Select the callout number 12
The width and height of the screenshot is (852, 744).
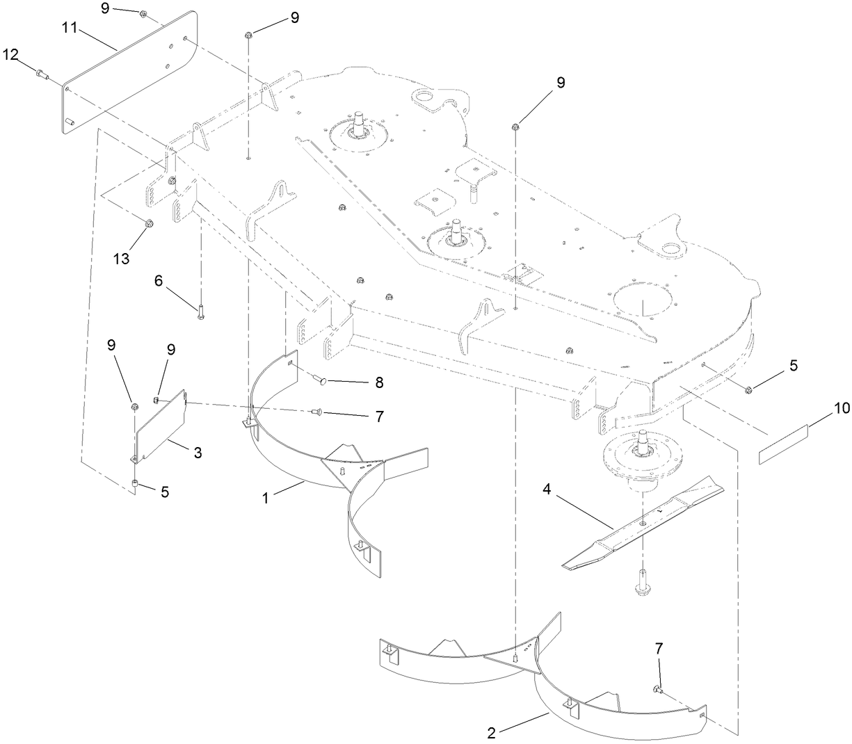pyautogui.click(x=12, y=54)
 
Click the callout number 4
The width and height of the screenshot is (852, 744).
pyautogui.click(x=547, y=490)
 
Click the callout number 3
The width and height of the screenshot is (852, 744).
pyautogui.click(x=198, y=453)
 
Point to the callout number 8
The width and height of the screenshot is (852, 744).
pyautogui.click(x=378, y=382)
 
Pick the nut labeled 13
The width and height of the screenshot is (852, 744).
pyautogui.click(x=149, y=224)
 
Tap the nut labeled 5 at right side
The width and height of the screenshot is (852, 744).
pyautogui.click(x=750, y=388)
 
